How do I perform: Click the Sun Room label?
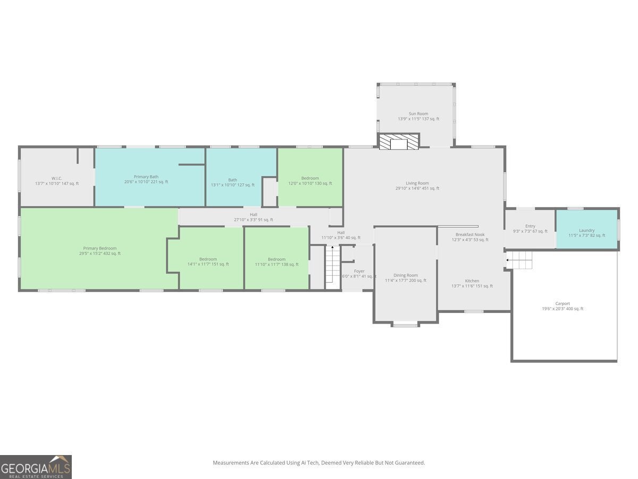tap(418, 116)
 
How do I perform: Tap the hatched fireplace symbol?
tap(399, 142)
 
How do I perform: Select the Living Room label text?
tap(417, 186)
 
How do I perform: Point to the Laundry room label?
tap(586, 233)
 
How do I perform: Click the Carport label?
tap(563, 306)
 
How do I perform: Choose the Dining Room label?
tap(406, 278)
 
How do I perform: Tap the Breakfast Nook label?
tap(470, 237)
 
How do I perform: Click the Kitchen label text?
tap(472, 283)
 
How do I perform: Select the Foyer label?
tap(359, 274)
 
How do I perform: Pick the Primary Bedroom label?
tap(100, 251)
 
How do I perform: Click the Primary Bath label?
tap(146, 179)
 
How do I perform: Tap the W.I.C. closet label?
tap(57, 181)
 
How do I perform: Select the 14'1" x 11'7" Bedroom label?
tap(208, 261)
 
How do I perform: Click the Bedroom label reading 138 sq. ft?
tap(276, 262)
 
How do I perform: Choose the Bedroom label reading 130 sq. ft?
tap(310, 180)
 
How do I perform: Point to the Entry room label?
tap(530, 229)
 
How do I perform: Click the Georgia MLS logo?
tap(36, 467)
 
